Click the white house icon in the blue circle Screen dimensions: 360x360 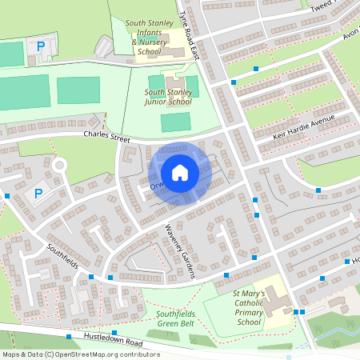coord(180,172)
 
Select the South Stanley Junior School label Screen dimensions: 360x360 coord(168,97)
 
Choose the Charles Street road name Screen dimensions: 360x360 coord(106,138)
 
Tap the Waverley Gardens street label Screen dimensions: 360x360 coord(180,250)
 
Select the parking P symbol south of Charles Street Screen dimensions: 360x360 coord(38,193)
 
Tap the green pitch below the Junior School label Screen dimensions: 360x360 coord(176,122)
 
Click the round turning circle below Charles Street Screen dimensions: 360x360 coord(58,166)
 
